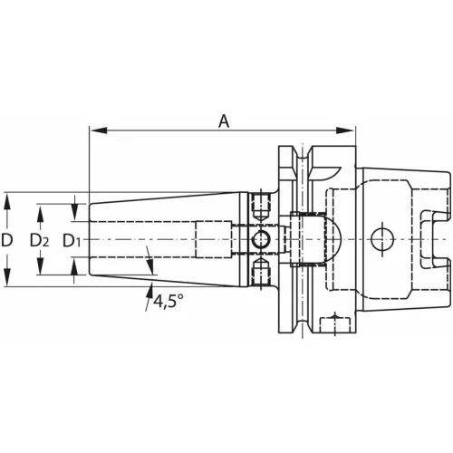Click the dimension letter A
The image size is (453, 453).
pyautogui.click(x=222, y=119)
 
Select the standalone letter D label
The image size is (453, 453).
pyautogui.click(x=8, y=241)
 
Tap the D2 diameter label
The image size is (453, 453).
pyautogui.click(x=40, y=241)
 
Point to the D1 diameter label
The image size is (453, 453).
pyautogui.click(x=73, y=241)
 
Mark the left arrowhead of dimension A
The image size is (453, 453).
pyautogui.click(x=94, y=130)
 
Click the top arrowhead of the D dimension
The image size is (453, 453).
pyautogui.click(x=8, y=198)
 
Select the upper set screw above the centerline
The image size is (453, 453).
pyautogui.click(x=262, y=207)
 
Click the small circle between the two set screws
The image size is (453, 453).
pyautogui.click(x=262, y=240)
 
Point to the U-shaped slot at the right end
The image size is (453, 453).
pyautogui.click(x=432, y=239)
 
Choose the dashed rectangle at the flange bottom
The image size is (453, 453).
pyautogui.click(x=337, y=325)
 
